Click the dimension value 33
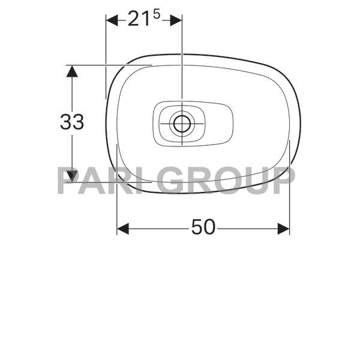(x=72, y=122)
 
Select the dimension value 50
(x=203, y=227)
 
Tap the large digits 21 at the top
(x=139, y=20)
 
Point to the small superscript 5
(x=157, y=15)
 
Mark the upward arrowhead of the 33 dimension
(x=72, y=71)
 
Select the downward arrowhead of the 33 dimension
(x=72, y=176)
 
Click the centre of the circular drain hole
(x=181, y=124)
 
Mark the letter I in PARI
(x=150, y=180)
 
